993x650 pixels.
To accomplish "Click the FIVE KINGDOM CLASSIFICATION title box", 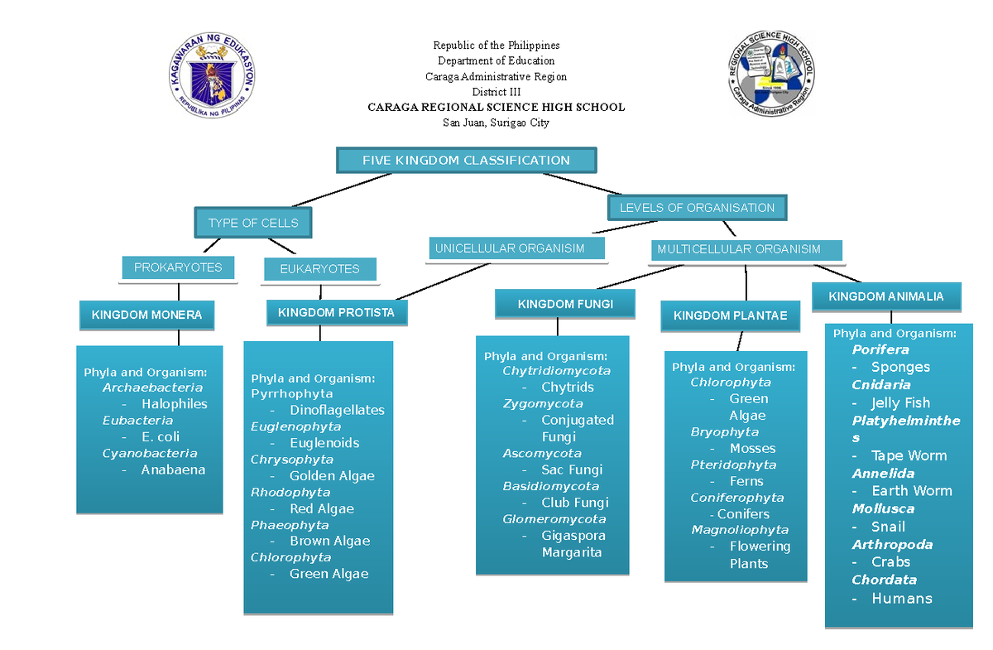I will point(466,161).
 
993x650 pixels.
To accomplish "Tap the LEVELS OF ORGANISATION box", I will point(697,208).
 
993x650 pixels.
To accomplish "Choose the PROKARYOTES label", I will point(178,267).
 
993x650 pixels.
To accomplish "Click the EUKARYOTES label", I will point(319,269).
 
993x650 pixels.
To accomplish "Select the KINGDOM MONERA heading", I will point(146,315).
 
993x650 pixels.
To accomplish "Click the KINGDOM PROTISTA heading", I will point(336,313).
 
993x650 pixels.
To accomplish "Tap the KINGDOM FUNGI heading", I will point(565,304).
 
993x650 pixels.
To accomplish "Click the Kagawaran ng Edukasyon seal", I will point(212,75).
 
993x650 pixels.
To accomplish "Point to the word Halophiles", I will point(174,404).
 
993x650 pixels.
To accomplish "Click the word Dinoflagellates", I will point(337,410).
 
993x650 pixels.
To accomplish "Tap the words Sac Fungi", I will point(572,469).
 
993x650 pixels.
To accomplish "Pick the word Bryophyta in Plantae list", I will point(724,432).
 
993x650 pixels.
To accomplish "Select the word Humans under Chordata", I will point(902,599).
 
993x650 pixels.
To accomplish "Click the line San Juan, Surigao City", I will point(496,123).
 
